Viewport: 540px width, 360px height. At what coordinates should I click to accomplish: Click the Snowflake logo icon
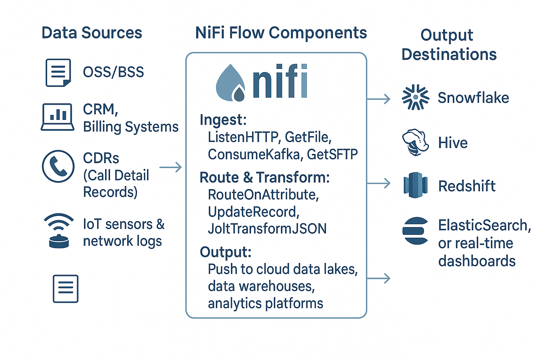pos(415,97)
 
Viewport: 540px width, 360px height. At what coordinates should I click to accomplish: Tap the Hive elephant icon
pos(415,142)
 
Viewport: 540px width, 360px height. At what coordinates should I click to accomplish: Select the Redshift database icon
pos(415,185)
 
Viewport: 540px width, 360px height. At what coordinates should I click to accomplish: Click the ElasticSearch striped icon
pos(415,231)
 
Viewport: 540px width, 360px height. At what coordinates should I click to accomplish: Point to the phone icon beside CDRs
pos(58,166)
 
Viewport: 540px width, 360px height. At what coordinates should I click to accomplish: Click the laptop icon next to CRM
pos(57,117)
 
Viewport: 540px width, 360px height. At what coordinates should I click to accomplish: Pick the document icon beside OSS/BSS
pos(58,72)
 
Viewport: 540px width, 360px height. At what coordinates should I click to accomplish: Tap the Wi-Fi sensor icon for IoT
pos(59,231)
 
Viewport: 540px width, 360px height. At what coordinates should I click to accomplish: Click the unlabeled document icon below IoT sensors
pos(66,289)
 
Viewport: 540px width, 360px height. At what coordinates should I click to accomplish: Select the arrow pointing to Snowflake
pos(379,99)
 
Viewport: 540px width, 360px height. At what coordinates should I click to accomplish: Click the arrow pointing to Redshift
pos(379,183)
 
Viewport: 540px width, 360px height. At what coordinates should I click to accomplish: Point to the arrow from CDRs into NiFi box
pos(171,167)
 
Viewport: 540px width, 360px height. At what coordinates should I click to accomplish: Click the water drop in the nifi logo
pos(231,83)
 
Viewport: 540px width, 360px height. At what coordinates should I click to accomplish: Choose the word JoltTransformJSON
pos(267,229)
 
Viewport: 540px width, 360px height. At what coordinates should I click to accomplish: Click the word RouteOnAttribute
pos(263,194)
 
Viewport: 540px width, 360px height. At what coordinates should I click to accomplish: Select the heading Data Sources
pos(92,33)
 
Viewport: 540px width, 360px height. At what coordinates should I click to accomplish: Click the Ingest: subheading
pos(223,120)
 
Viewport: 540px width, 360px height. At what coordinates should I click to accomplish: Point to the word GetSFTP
pos(332,154)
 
